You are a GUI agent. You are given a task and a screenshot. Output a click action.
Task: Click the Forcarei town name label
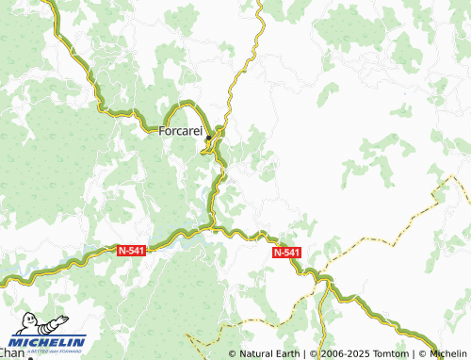[x=181, y=132]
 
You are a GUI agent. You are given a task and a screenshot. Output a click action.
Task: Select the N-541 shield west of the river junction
[x=131, y=250]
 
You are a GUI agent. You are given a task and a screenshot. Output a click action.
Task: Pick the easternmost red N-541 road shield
[x=287, y=253]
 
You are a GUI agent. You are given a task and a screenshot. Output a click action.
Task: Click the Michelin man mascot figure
[x=25, y=323]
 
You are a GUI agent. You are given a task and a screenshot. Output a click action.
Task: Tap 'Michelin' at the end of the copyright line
[x=449, y=353]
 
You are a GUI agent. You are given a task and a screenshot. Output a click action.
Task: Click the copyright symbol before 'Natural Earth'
[x=233, y=353]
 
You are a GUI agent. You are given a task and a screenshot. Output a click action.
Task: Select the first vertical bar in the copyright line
[x=304, y=353]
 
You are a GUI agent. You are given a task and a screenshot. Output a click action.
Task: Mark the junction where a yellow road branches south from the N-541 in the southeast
[x=324, y=280]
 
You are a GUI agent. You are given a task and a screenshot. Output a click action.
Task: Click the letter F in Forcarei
[x=162, y=132]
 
